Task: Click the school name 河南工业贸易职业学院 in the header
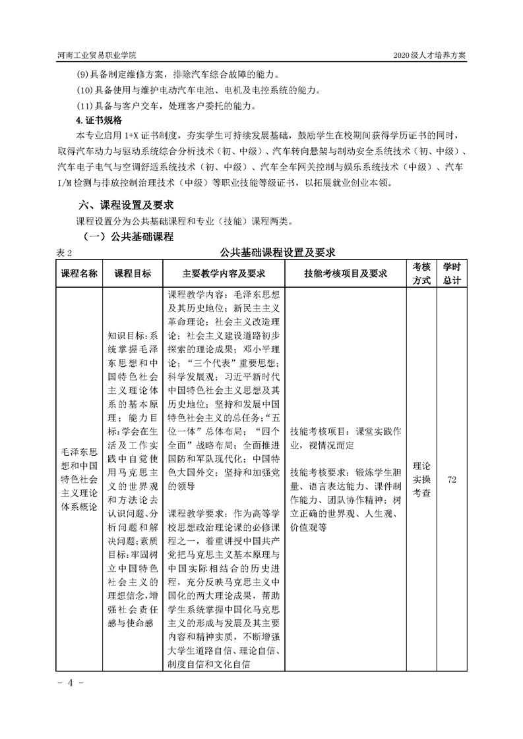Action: pyautogui.click(x=98, y=57)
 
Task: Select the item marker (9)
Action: pyautogui.click(x=84, y=74)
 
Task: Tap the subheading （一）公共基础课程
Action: pyautogui.click(x=129, y=236)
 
